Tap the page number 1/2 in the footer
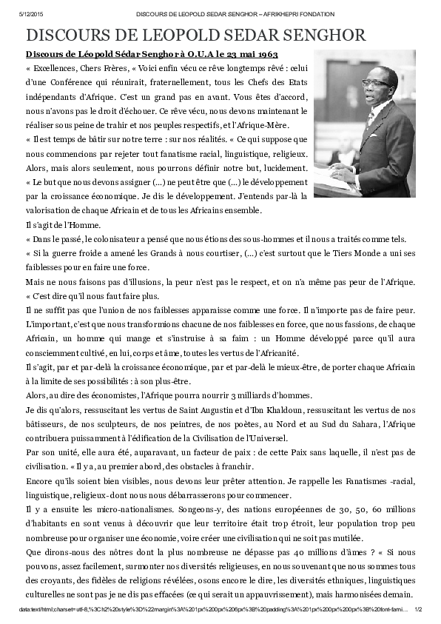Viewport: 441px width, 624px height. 417,609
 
